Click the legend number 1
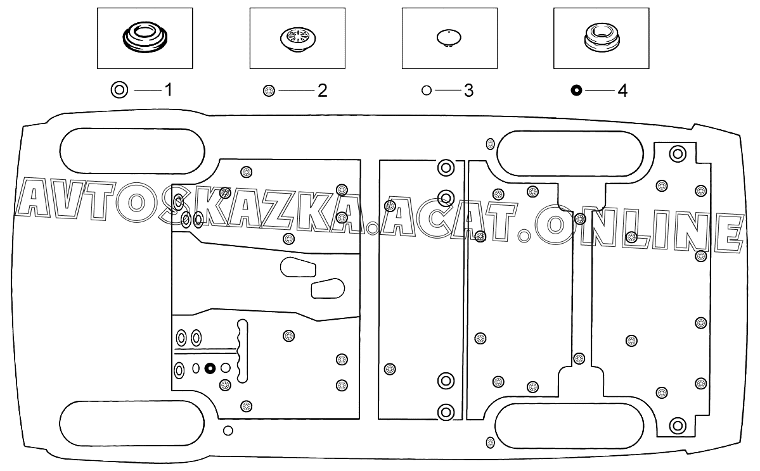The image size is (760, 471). coord(168,90)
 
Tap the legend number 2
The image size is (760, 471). coord(323,91)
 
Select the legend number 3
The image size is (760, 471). coord(468,91)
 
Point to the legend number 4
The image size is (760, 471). coord(623,91)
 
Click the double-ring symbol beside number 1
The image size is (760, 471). coord(119,90)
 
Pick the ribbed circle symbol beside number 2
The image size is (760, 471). coord(269,91)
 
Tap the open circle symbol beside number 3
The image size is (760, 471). coord(427,90)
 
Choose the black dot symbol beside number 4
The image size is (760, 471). coord(576,90)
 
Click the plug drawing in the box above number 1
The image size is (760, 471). coord(145,35)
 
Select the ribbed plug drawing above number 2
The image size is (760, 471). coord(298,38)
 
